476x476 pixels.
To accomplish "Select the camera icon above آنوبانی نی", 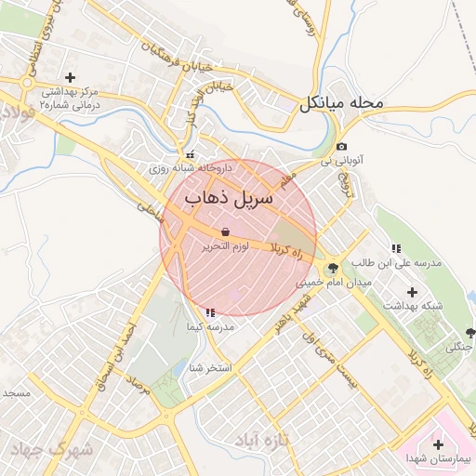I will click(x=342, y=147).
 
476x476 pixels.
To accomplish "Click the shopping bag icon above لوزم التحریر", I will click(x=225, y=231).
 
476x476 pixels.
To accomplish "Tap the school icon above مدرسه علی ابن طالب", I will click(x=396, y=248).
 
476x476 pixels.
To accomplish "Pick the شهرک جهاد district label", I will click(x=51, y=449).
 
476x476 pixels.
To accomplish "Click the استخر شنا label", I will click(x=209, y=368).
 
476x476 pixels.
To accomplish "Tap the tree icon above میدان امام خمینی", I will click(x=333, y=267).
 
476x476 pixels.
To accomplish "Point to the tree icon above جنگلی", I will click(x=469, y=333).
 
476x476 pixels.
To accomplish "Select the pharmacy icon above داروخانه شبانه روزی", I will click(x=190, y=155).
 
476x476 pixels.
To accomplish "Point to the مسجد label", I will click(x=17, y=393).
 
